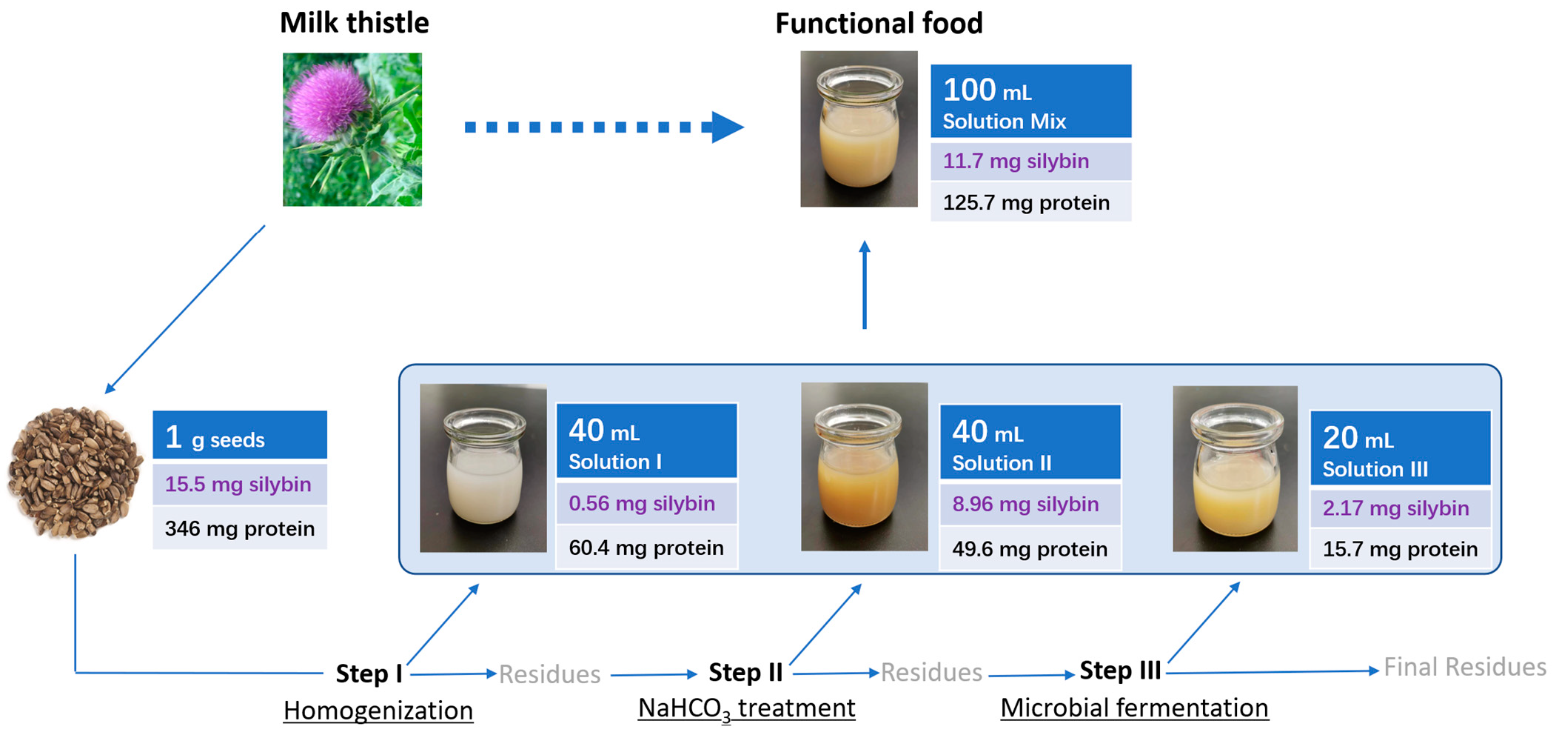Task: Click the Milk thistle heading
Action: (354, 23)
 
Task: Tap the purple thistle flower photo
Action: (352, 129)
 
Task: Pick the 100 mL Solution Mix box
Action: (1030, 102)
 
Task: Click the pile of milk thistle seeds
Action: (74, 472)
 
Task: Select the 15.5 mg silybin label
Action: (239, 485)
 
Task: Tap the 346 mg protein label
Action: (239, 528)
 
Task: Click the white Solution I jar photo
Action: (483, 468)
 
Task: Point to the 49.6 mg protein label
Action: (1030, 549)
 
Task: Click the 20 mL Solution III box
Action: (1399, 449)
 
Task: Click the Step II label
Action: (745, 673)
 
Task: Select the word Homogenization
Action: (378, 711)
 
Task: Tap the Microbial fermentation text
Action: (1134, 708)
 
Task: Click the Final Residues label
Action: (1464, 667)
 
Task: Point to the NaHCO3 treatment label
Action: (746, 708)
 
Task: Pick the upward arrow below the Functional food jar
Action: (864, 285)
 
